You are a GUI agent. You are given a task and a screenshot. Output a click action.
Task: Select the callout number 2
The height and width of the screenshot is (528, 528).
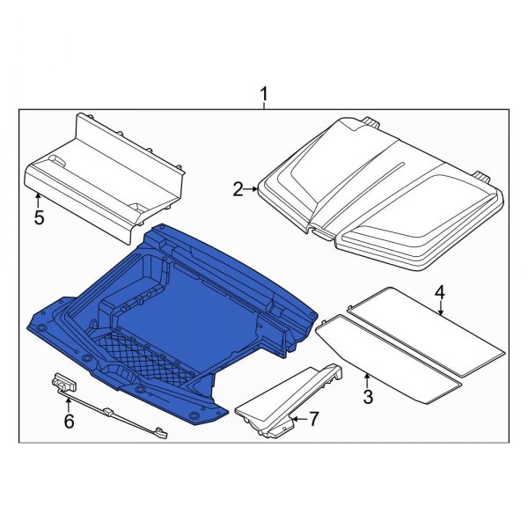click(x=238, y=188)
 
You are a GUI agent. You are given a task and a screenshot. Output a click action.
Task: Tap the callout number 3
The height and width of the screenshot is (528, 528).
click(x=367, y=397)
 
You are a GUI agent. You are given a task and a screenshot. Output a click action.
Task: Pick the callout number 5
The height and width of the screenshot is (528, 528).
click(x=39, y=217)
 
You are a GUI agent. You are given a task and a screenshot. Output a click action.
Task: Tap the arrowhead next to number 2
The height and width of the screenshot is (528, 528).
click(x=254, y=188)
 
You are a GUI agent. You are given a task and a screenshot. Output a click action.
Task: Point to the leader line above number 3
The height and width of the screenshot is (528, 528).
click(x=366, y=380)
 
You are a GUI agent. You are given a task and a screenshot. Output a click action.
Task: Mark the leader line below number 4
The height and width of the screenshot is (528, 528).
click(x=440, y=306)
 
